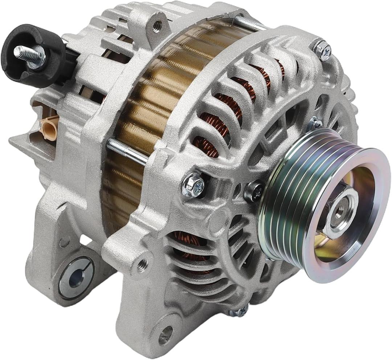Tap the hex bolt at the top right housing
322,50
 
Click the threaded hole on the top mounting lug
157,25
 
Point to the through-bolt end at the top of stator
250,23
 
